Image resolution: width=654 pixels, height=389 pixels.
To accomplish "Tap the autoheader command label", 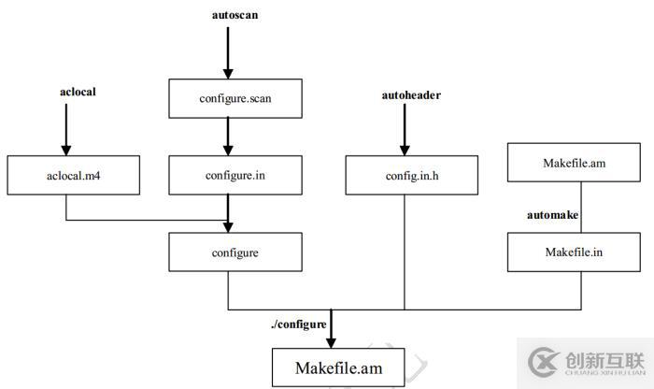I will pyautogui.click(x=405, y=95).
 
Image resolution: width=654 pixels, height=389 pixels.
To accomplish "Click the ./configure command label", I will pyautogui.click(x=298, y=324).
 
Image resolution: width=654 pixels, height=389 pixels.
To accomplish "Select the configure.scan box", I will pyautogui.click(x=235, y=97).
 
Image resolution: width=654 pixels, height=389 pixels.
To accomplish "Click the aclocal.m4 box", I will pyautogui.click(x=65, y=175).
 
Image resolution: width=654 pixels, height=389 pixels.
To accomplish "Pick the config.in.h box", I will pyautogui.click(x=405, y=175).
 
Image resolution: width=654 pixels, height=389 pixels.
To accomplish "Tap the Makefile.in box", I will pyautogui.click(x=574, y=252).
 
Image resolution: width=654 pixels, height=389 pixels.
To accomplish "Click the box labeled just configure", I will pyautogui.click(x=235, y=252).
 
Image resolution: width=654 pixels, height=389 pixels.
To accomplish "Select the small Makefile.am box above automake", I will pyautogui.click(x=574, y=163).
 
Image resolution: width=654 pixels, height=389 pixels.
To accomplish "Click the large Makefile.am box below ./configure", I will pyautogui.click(x=338, y=367).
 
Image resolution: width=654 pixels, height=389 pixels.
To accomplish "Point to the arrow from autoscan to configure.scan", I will pyautogui.click(x=227, y=51).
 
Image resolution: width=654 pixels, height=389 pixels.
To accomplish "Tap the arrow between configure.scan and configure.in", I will pyautogui.click(x=227, y=137).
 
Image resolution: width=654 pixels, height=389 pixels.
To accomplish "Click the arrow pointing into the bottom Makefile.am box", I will pyautogui.click(x=332, y=329).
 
